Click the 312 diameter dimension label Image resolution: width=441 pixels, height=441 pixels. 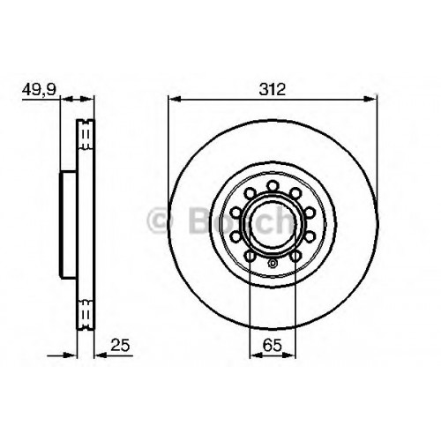[273, 89]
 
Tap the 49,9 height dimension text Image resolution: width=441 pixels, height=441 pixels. [39, 89]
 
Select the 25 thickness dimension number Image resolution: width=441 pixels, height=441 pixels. [120, 345]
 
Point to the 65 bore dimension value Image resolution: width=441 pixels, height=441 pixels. [273, 345]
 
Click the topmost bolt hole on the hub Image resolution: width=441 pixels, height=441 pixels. [273, 186]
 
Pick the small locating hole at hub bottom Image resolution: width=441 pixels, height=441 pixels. [273, 263]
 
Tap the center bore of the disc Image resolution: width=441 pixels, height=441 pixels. [273, 224]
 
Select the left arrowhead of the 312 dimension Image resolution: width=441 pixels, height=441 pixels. [175, 99]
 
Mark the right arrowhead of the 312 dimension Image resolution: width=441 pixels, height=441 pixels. [370, 99]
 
